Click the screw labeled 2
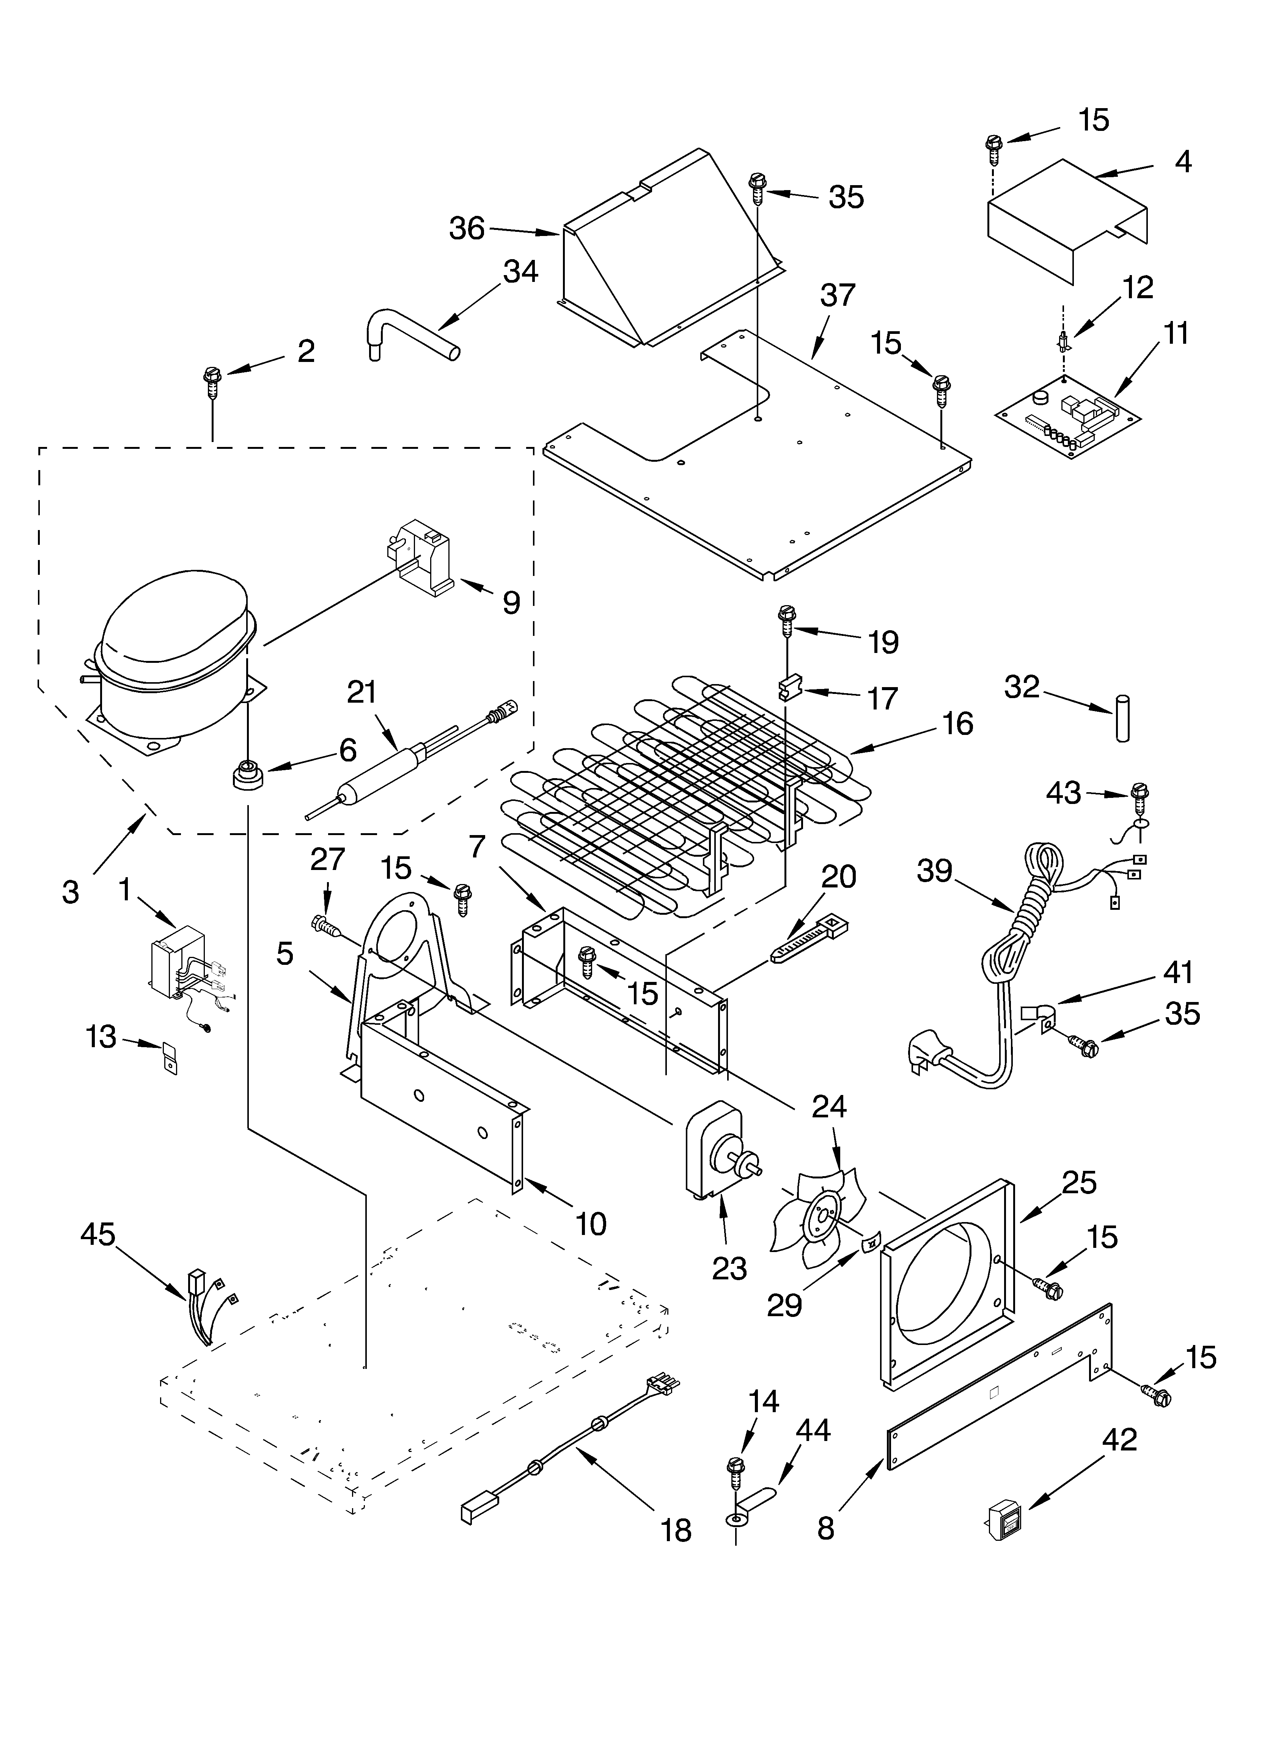(211, 381)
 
